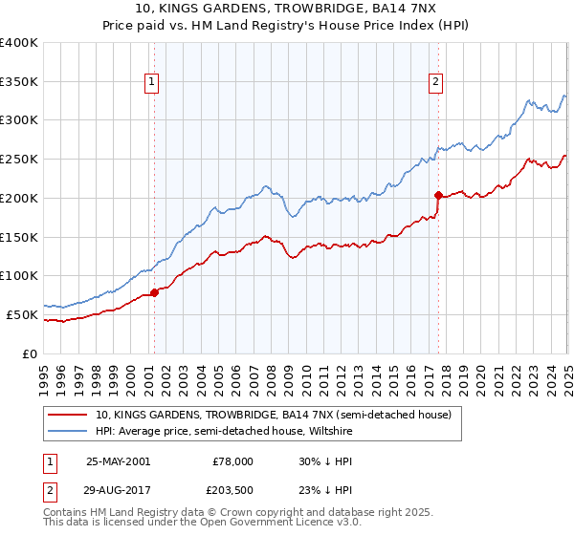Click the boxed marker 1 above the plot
153,83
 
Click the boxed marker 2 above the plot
435,83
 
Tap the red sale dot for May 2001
154,293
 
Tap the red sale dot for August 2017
437,195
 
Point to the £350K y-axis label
19,82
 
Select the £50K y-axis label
23,314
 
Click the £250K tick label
19,160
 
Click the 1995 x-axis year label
44,374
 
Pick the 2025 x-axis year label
567,374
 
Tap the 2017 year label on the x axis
429,374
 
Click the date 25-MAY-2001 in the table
118,460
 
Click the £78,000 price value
232,460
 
